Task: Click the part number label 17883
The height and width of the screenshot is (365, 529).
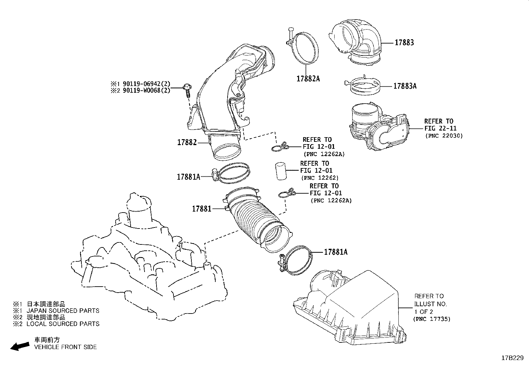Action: click(404, 43)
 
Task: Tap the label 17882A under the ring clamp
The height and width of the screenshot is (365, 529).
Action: click(308, 79)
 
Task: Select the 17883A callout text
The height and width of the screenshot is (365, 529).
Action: click(405, 86)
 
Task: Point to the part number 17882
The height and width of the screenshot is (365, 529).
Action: click(187, 142)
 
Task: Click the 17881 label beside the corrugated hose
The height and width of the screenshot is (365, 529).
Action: click(201, 209)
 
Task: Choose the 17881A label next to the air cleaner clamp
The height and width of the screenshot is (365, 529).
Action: click(336, 252)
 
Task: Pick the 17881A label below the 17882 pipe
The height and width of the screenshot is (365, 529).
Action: click(188, 177)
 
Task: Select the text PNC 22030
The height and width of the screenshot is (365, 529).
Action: click(444, 136)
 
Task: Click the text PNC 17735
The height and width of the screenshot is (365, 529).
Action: click(432, 319)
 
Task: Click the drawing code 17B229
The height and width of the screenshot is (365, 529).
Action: click(512, 358)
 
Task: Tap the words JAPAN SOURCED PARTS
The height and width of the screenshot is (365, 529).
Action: click(63, 311)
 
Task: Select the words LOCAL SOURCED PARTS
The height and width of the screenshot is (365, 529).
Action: click(63, 324)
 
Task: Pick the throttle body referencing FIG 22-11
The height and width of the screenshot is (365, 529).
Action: click(379, 128)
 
